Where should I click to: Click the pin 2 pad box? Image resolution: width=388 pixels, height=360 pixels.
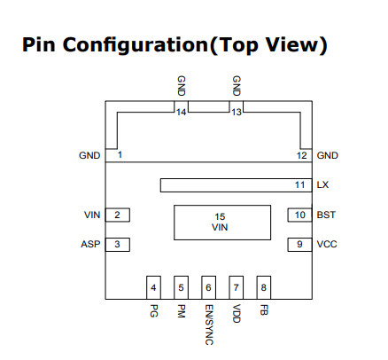click(118, 215)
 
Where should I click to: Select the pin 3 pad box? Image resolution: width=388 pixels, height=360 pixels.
click(118, 245)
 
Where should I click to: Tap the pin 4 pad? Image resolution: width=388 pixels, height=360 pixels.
click(153, 287)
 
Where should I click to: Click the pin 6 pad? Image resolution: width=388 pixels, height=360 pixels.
click(208, 287)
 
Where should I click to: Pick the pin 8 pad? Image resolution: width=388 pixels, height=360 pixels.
click(264, 287)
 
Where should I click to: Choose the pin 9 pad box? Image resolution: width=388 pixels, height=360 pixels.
click(299, 245)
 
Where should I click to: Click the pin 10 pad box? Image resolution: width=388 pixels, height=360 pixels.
click(299, 215)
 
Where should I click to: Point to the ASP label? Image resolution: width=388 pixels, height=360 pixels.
click(90, 244)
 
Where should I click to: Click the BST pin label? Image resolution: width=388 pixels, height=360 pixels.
click(326, 215)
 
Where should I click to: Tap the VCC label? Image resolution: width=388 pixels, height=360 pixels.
click(327, 244)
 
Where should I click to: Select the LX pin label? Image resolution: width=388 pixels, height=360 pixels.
click(322, 184)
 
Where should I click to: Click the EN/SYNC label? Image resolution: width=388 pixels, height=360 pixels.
click(209, 325)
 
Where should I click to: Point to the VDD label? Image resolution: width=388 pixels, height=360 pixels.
click(237, 313)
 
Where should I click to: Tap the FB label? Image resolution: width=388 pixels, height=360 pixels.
click(264, 309)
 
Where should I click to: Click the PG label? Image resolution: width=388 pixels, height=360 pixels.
click(153, 310)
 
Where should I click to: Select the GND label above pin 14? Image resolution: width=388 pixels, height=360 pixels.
click(181, 86)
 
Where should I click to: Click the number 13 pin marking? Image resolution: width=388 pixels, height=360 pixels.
click(237, 112)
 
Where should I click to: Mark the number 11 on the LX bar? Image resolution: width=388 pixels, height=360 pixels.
click(299, 184)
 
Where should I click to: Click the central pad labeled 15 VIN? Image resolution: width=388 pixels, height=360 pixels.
click(222, 223)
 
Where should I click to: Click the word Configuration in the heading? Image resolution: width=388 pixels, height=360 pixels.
click(136, 45)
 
